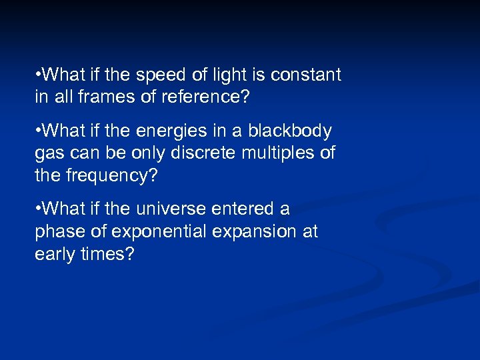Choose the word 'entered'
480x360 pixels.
pos(242,209)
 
